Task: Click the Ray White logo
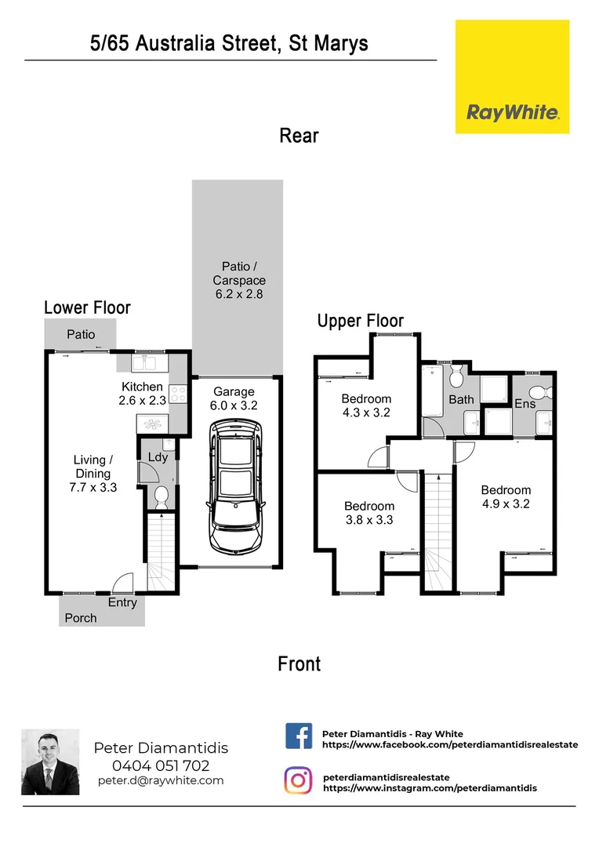click(513, 77)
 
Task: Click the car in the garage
click(236, 485)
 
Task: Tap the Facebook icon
click(298, 737)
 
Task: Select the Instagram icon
click(298, 781)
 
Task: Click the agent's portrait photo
click(50, 762)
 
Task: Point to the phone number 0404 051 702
click(161, 765)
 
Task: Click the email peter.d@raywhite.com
click(161, 780)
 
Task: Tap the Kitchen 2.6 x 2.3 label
click(142, 393)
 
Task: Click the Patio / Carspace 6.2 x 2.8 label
click(238, 280)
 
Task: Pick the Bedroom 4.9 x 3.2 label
click(506, 496)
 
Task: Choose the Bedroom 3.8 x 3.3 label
click(368, 513)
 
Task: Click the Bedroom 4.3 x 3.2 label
click(365, 405)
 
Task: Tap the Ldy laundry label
click(158, 457)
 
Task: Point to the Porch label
click(81, 618)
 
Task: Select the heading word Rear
click(299, 136)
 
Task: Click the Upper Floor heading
click(360, 321)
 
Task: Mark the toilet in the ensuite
click(540, 392)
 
